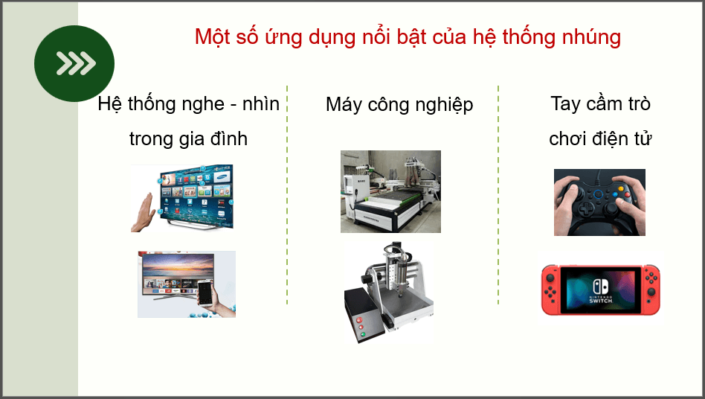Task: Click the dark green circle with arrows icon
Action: [74, 63]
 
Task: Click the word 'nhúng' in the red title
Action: [591, 37]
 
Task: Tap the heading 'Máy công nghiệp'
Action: [399, 105]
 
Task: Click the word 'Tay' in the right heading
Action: [565, 103]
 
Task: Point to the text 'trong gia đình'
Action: [188, 139]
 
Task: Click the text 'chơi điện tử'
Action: [600, 139]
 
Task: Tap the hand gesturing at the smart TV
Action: [144, 213]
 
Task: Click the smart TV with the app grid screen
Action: [195, 195]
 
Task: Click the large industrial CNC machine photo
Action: [390, 191]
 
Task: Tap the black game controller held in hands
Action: [599, 202]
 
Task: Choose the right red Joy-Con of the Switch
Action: [650, 290]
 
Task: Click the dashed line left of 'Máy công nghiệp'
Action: [287, 194]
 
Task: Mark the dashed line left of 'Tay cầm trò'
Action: [498, 194]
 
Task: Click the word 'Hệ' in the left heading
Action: [109, 104]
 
